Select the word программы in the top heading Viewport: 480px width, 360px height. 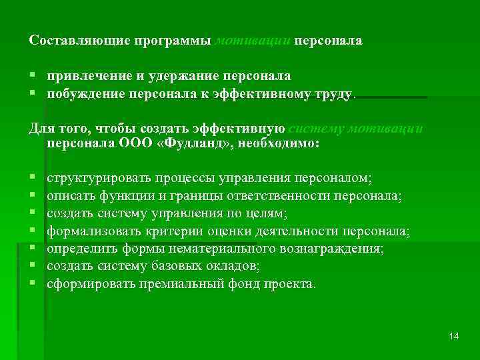173,41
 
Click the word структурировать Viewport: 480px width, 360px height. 99,178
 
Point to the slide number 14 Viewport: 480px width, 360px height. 454,336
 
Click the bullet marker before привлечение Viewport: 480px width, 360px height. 32,77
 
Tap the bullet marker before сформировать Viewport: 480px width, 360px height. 32,283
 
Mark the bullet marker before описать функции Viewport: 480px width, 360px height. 32,196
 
